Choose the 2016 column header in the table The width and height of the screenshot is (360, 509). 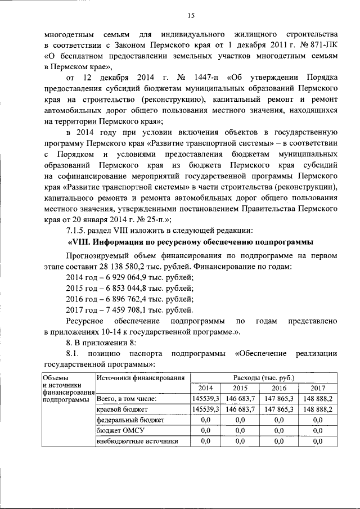pos(279,388)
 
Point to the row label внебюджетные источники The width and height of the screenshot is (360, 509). pos(137,441)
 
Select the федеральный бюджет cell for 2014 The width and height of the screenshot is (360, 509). pos(205,420)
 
